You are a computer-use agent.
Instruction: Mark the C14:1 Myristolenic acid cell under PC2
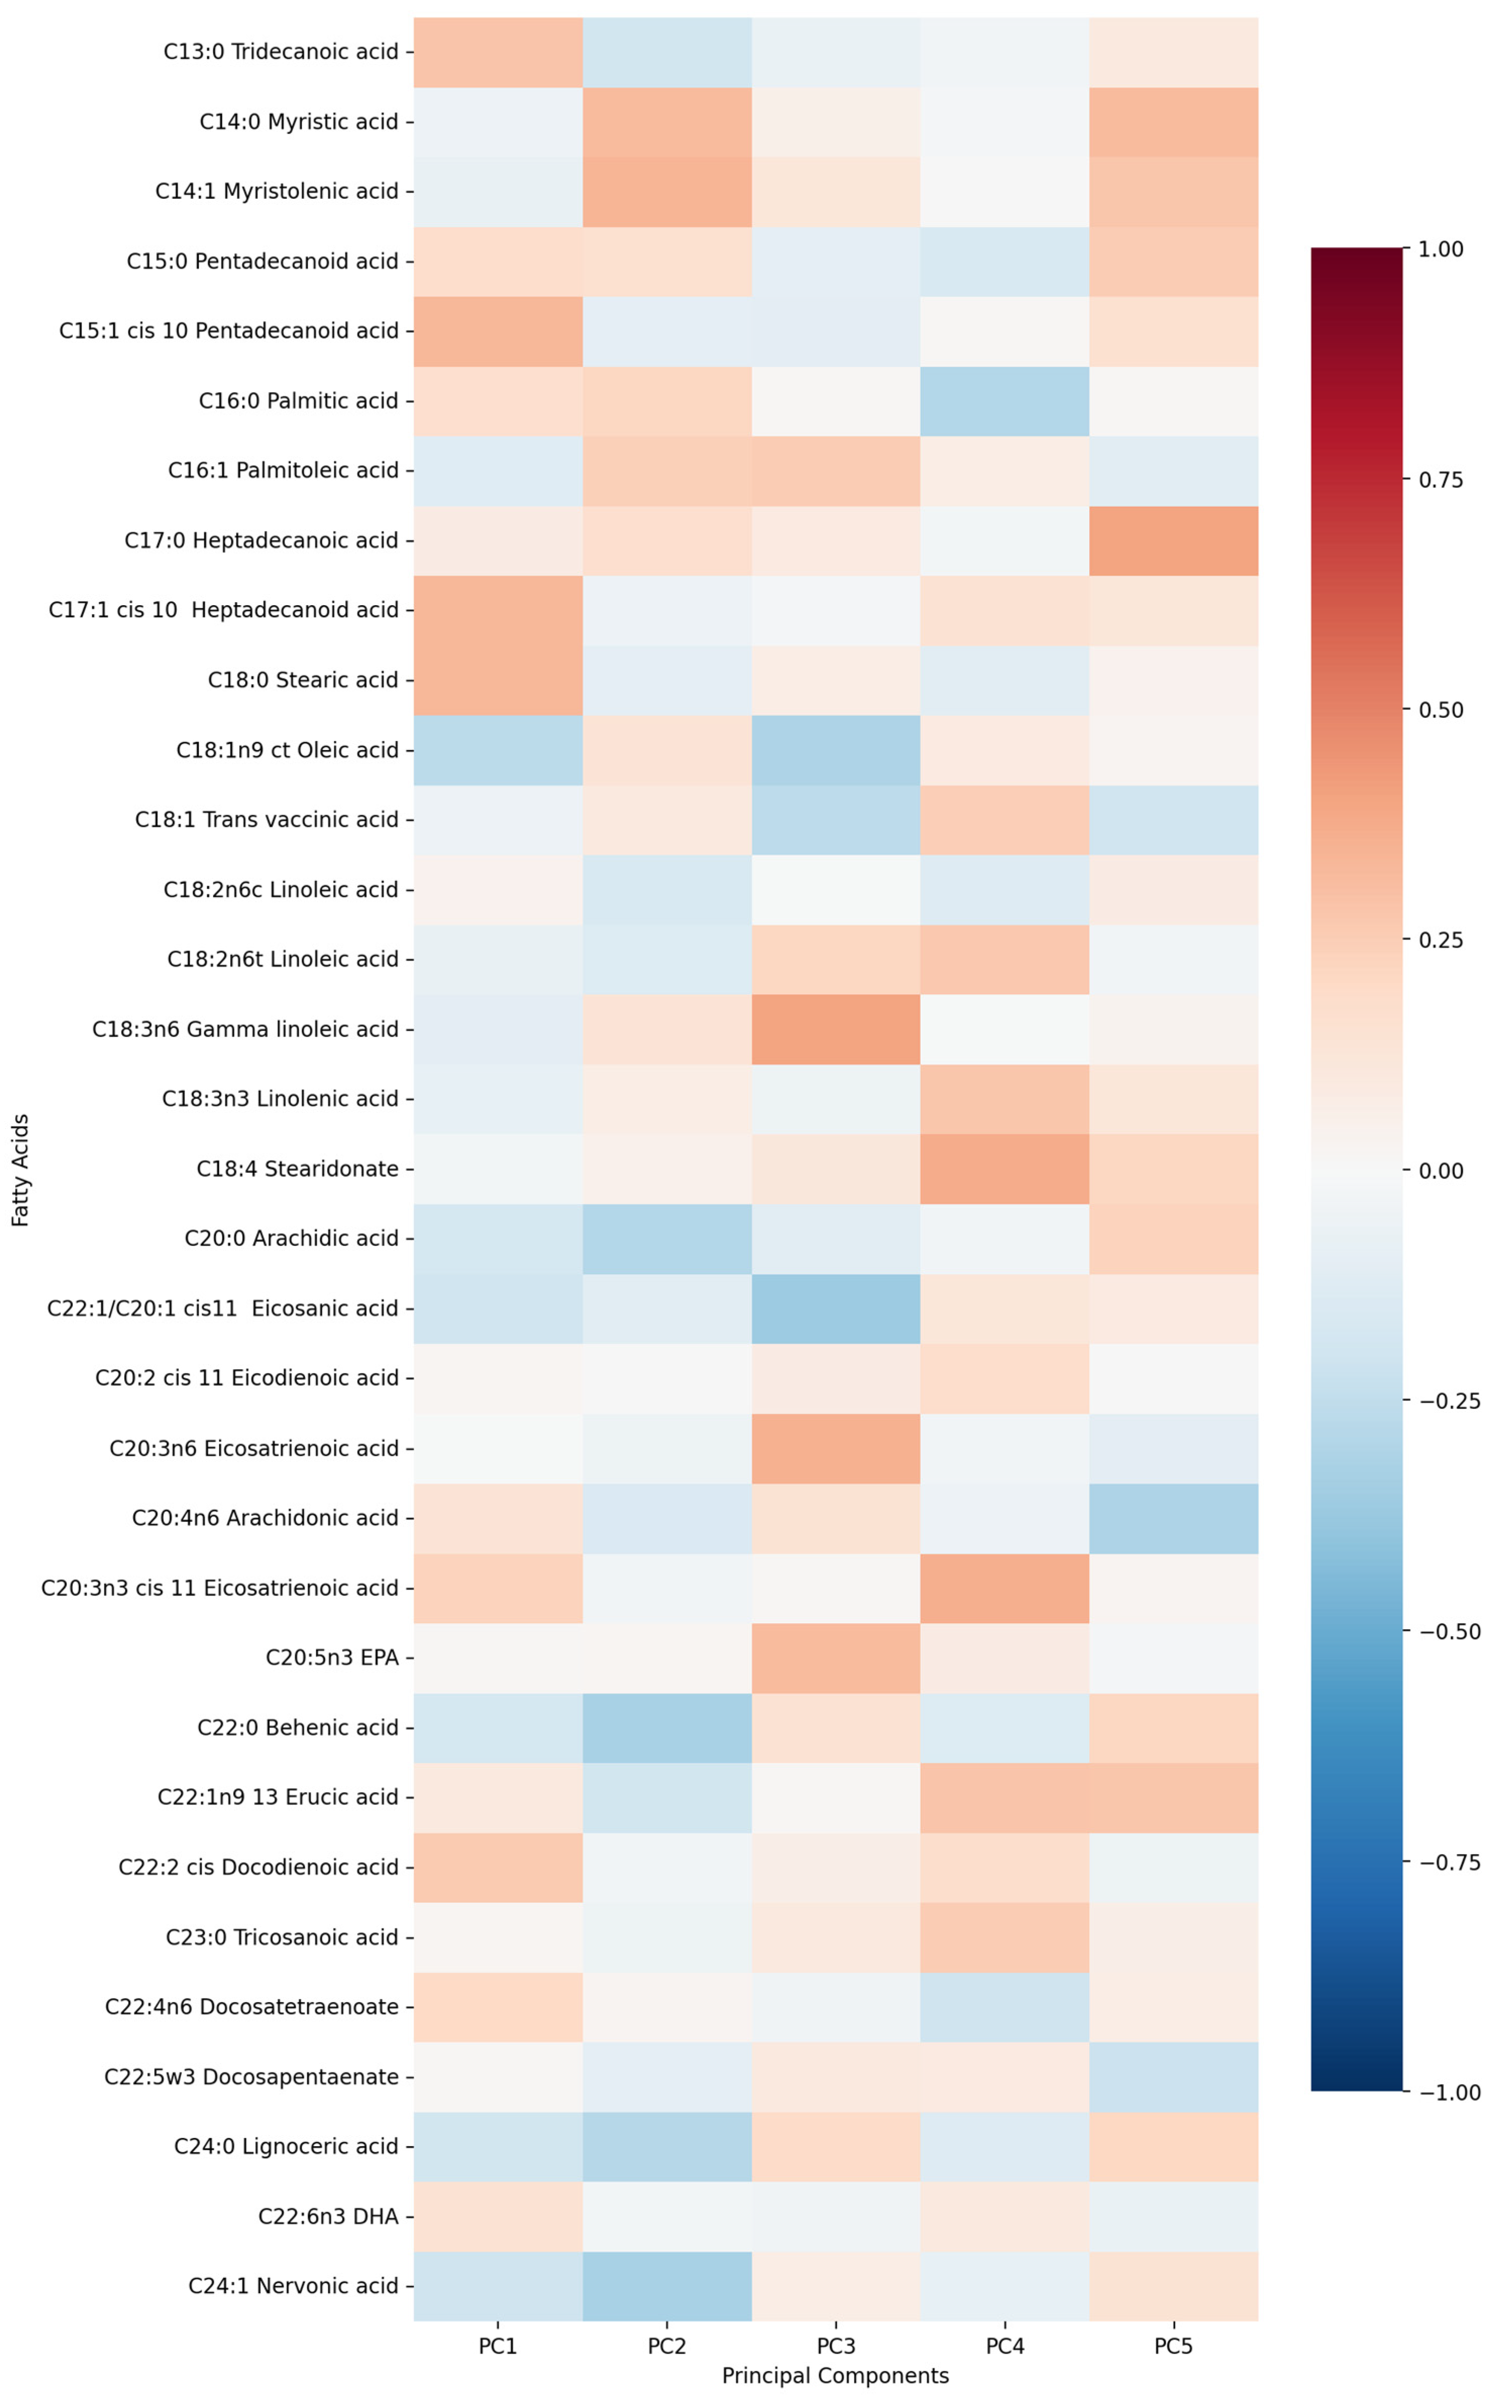pos(667,191)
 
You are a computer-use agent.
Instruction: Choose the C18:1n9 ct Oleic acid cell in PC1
pos(497,750)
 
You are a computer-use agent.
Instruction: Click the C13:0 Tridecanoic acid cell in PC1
pos(497,51)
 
